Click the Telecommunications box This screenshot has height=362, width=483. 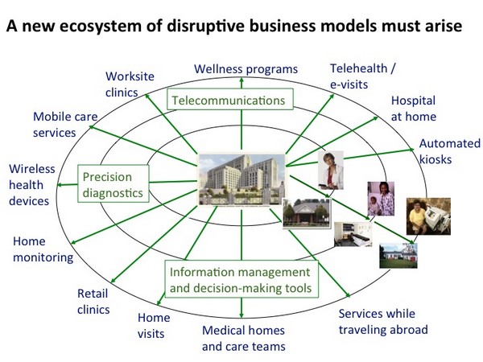coord(229,101)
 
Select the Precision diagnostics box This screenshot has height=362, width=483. coord(114,184)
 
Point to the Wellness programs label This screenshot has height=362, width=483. coord(246,68)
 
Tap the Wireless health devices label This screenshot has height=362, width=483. coord(29,185)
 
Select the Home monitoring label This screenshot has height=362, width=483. coord(43,249)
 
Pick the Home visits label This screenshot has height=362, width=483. coord(154,325)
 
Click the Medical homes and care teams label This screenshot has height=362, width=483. coord(243,338)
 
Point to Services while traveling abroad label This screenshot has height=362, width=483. coord(382,322)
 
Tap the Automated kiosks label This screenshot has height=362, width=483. coord(446,151)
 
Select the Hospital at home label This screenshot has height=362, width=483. coord(413,109)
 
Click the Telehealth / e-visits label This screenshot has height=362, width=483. coord(363,76)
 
